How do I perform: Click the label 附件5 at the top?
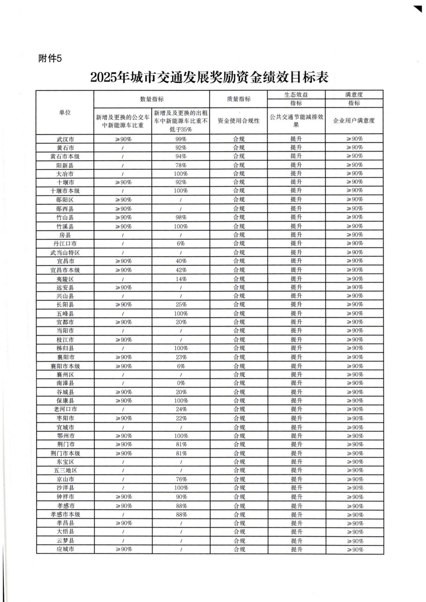(50, 59)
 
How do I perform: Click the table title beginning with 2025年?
(209, 77)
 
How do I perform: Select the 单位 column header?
(65, 112)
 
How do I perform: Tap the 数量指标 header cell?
(152, 99)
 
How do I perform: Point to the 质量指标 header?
(239, 99)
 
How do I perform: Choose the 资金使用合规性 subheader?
(239, 121)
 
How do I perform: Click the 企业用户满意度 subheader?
(354, 121)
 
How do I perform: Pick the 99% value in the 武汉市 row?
(181, 139)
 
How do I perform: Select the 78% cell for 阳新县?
(181, 165)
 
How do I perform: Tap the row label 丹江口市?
(65, 244)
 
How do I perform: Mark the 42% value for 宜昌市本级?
(181, 270)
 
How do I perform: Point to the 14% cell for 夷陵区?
(181, 279)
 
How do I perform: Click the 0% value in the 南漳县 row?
(181, 383)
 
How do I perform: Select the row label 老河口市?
(65, 409)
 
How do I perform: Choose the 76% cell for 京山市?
(181, 479)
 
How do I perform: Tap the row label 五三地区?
(65, 470)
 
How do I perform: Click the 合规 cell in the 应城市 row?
(239, 549)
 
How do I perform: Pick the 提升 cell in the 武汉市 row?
(296, 139)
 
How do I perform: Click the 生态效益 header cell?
(296, 95)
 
